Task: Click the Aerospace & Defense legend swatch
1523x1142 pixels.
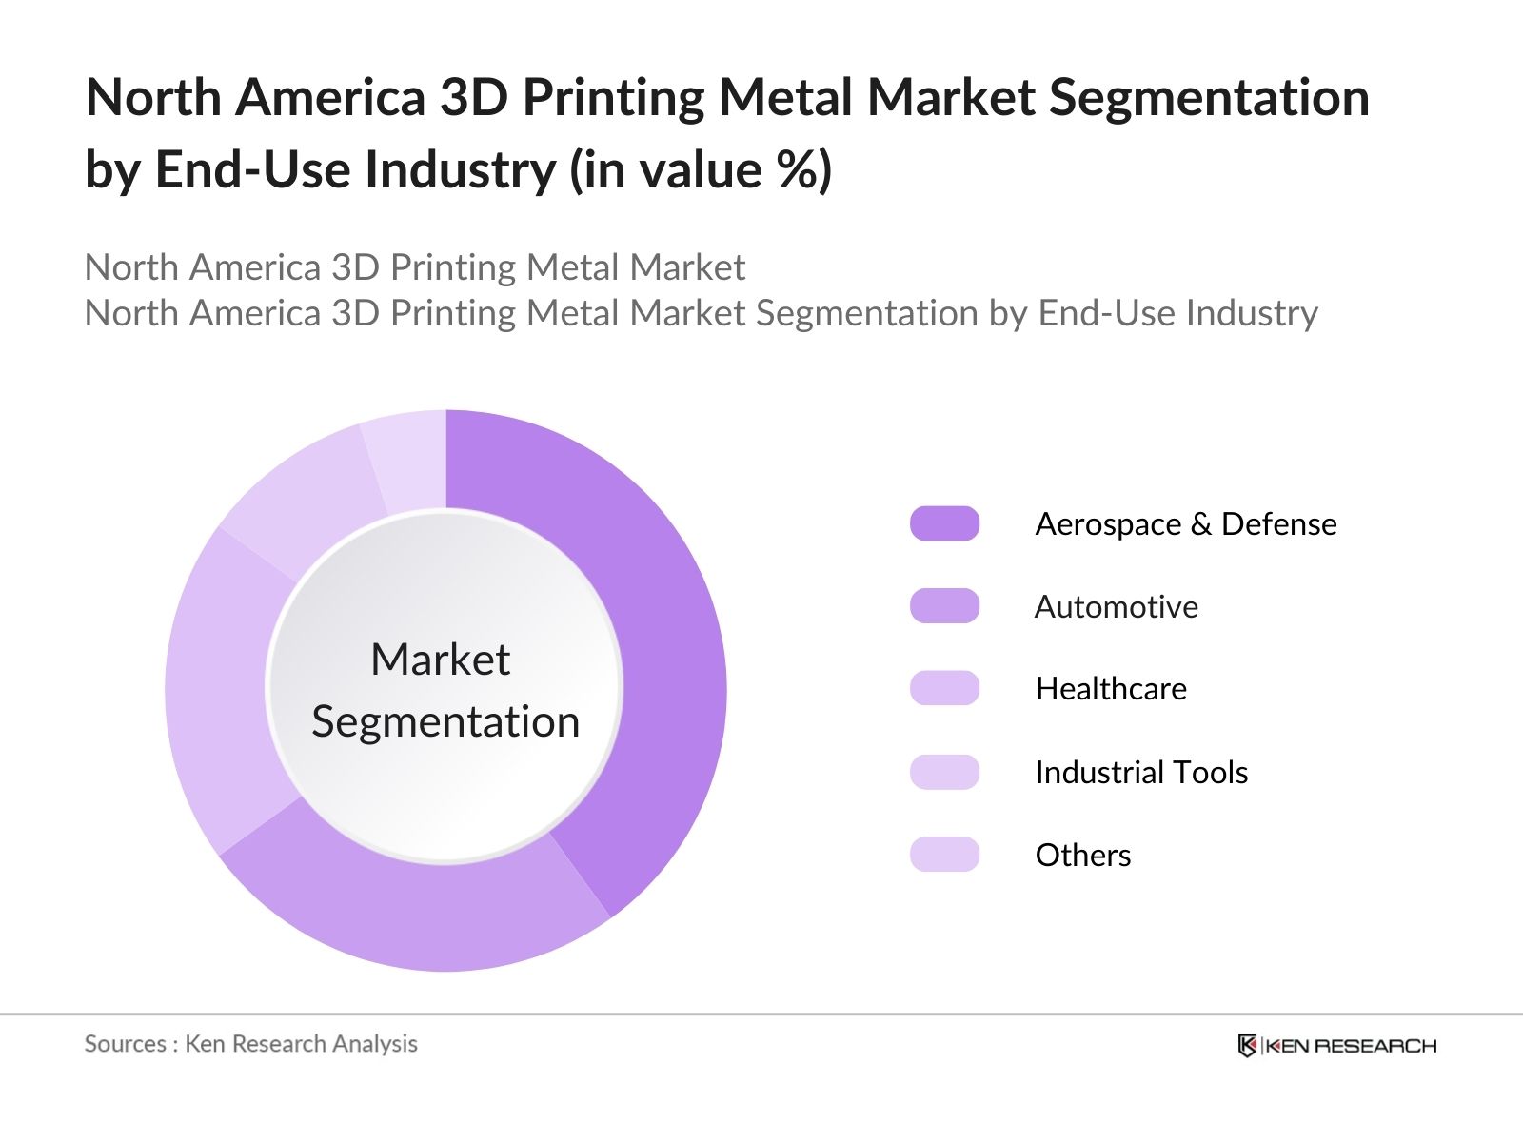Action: (x=944, y=523)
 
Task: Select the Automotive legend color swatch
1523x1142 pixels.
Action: (x=944, y=606)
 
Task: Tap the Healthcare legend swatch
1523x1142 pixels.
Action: (x=944, y=688)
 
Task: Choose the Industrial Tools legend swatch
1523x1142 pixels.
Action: (x=944, y=772)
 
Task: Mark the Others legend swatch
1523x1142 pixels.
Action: (x=944, y=855)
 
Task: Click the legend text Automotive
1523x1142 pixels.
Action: (x=1116, y=606)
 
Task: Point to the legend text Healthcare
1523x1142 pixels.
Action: (x=1111, y=688)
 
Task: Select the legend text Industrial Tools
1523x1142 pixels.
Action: (x=1141, y=772)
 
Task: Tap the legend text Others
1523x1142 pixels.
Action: (x=1083, y=855)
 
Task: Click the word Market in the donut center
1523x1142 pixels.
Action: (x=440, y=660)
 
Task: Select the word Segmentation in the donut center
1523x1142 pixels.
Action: (x=445, y=721)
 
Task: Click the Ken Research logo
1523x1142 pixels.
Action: (x=1336, y=1045)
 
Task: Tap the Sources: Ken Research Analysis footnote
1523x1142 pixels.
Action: (x=250, y=1044)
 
